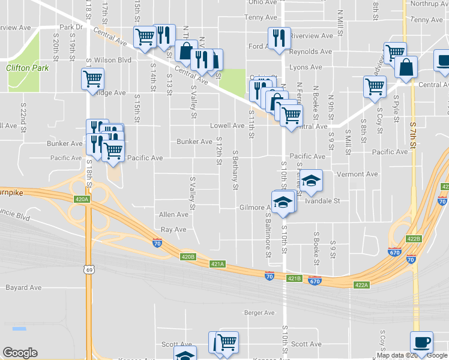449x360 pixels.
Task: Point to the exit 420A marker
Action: click(82, 199)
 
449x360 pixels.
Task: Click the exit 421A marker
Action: click(217, 263)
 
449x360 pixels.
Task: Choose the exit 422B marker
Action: click(414, 238)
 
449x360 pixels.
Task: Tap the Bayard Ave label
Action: click(23, 288)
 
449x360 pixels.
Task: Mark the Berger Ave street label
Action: click(259, 313)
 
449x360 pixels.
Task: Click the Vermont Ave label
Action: click(358, 174)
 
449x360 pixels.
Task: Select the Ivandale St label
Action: click(322, 201)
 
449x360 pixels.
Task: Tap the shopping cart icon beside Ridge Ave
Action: click(92, 79)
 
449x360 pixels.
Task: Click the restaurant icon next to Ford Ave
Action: click(279, 37)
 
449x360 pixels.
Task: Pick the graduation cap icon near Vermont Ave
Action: click(311, 181)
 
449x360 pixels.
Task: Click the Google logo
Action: click(20, 353)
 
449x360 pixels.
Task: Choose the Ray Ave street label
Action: click(174, 230)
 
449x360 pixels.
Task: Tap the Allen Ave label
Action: click(173, 214)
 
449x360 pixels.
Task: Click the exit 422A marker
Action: click(361, 285)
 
